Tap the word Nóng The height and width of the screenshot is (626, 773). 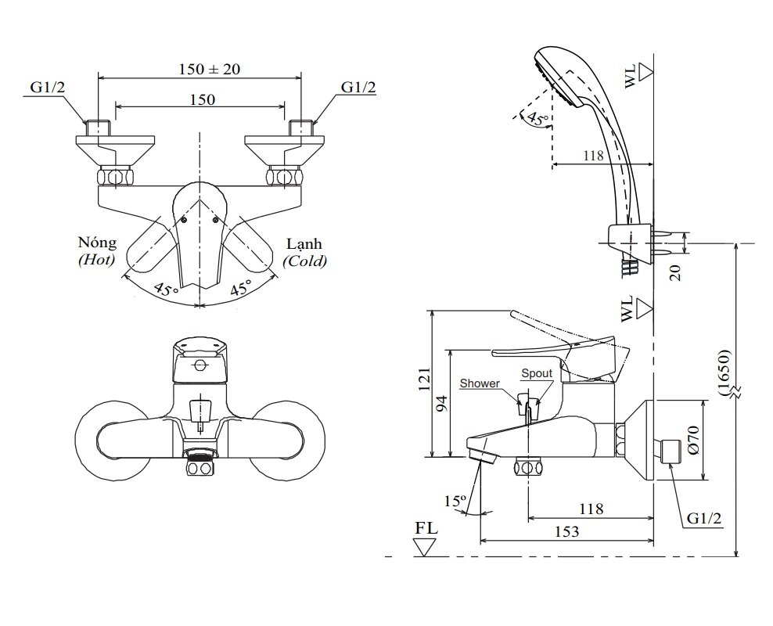97,243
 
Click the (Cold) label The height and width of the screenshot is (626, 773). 305,261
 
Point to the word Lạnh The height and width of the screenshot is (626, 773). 304,243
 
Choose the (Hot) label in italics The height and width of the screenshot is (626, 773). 96,261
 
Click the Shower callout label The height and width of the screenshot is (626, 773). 480,383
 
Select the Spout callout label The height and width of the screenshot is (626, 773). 537,374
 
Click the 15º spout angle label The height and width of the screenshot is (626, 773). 455,500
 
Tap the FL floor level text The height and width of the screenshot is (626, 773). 426,527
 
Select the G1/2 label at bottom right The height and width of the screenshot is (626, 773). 704,519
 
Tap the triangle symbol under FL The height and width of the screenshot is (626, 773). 426,546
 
